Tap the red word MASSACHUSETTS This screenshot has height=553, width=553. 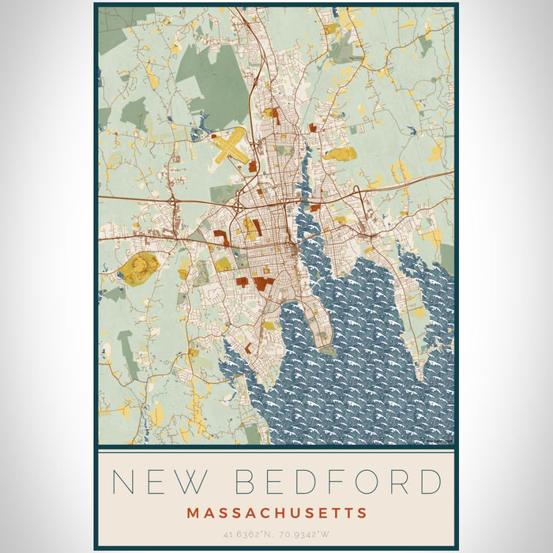tap(276, 513)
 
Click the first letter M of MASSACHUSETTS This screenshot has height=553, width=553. tap(193, 513)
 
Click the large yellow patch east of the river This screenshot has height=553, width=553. tap(340, 153)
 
